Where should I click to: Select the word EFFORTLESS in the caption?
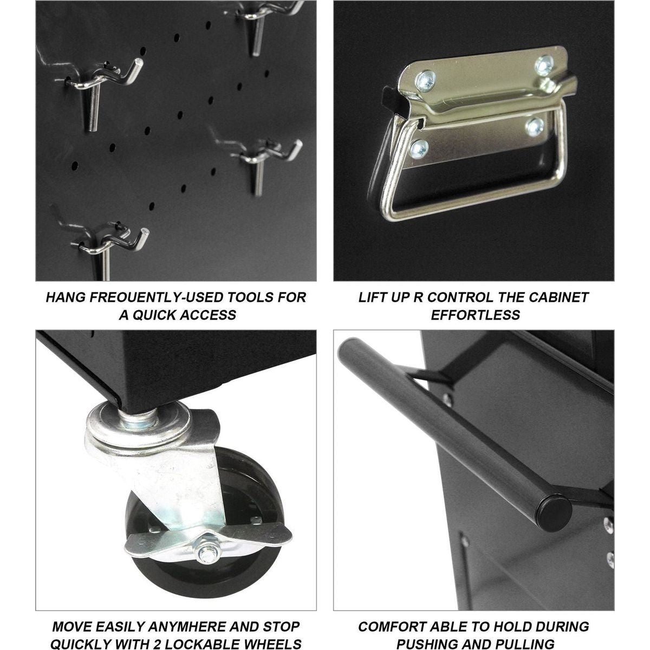(x=476, y=315)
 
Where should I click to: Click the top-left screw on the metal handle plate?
(x=425, y=81)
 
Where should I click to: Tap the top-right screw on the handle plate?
(x=544, y=65)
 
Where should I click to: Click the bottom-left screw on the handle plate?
(x=419, y=149)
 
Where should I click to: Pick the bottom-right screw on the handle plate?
(x=534, y=127)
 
